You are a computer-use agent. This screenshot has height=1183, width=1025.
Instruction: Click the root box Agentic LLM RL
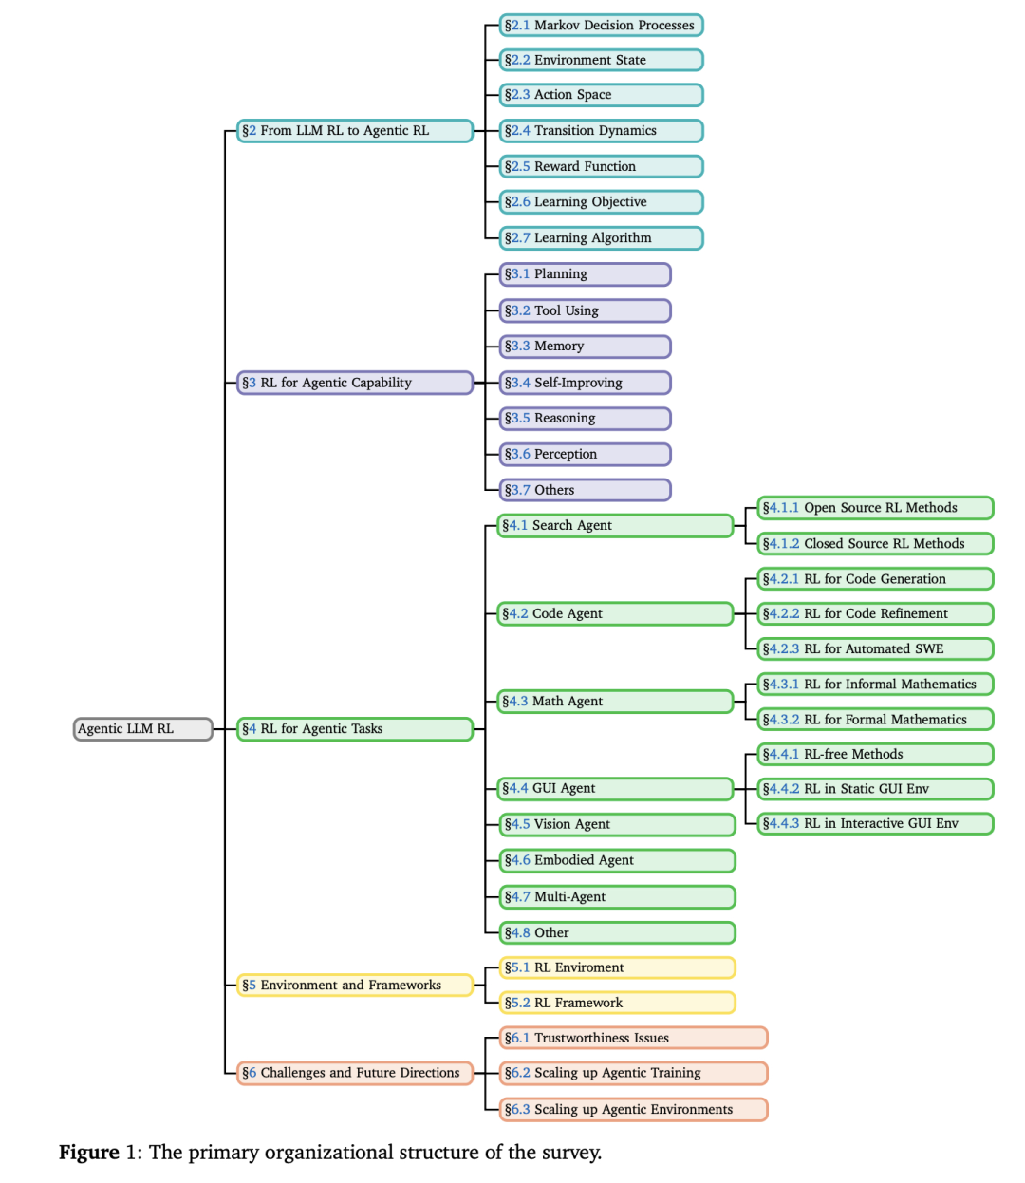tap(142, 729)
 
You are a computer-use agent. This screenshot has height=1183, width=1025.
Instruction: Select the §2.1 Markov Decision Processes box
tap(601, 26)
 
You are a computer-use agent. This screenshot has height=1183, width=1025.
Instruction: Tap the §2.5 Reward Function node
tap(601, 166)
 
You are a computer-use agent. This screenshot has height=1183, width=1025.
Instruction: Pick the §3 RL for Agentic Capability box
tap(354, 383)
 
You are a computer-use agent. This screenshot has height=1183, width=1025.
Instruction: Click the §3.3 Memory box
tap(585, 347)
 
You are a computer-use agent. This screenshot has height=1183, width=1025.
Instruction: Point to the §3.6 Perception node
tap(585, 454)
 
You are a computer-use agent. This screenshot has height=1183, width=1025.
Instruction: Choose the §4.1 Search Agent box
tap(615, 525)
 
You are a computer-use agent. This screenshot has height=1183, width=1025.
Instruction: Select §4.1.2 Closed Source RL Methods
tap(874, 543)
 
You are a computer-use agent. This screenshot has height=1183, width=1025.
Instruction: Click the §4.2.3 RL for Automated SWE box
tap(874, 648)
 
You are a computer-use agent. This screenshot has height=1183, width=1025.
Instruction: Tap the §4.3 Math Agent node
tap(615, 701)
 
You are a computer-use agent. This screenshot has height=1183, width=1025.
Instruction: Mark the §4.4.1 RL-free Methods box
tap(874, 754)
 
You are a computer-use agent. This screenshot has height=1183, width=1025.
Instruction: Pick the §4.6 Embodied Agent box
tap(617, 860)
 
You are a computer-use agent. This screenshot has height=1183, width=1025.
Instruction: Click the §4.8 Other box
tap(617, 932)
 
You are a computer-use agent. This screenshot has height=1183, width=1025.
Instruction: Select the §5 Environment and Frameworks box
tap(354, 985)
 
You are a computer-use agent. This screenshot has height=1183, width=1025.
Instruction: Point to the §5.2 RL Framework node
tap(617, 1003)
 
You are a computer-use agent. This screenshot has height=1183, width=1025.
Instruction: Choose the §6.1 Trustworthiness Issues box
tap(633, 1038)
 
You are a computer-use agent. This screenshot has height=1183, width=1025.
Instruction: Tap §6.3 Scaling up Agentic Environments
tap(633, 1109)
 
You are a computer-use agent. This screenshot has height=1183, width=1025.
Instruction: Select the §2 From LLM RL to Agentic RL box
tap(354, 131)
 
